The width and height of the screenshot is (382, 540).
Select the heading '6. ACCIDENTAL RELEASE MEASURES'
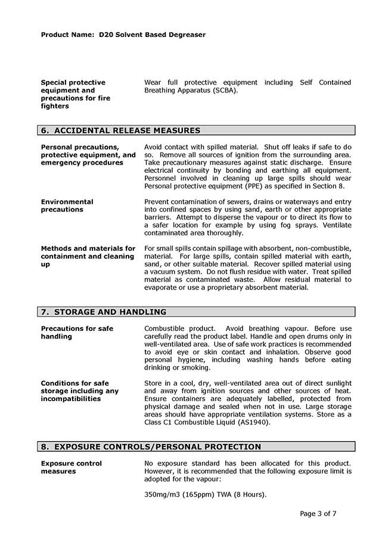tap(120, 131)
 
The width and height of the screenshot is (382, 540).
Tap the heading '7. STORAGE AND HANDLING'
tap(103, 312)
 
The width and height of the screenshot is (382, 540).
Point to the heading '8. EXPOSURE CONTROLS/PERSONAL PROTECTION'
tap(150, 446)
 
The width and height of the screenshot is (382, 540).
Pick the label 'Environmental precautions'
tap(67, 206)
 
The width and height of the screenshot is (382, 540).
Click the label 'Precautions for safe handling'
tap(77, 333)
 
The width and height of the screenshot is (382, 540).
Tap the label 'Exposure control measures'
tap(71, 467)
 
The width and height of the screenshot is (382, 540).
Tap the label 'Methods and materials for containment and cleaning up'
tap(88, 256)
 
